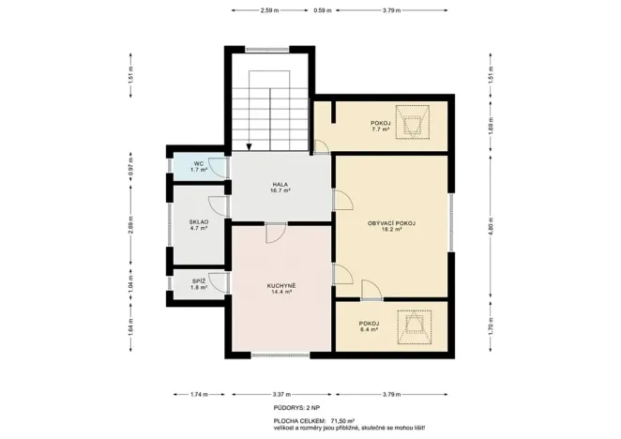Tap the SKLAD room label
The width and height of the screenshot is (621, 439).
tap(199, 223)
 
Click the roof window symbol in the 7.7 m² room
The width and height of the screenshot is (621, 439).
tap(412, 124)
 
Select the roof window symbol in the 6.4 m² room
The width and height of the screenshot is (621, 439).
tap(412, 327)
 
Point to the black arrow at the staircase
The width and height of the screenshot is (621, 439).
tap(249, 145)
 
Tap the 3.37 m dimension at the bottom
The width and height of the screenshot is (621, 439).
tap(280, 395)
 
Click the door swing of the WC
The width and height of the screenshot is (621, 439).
tap(216, 166)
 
